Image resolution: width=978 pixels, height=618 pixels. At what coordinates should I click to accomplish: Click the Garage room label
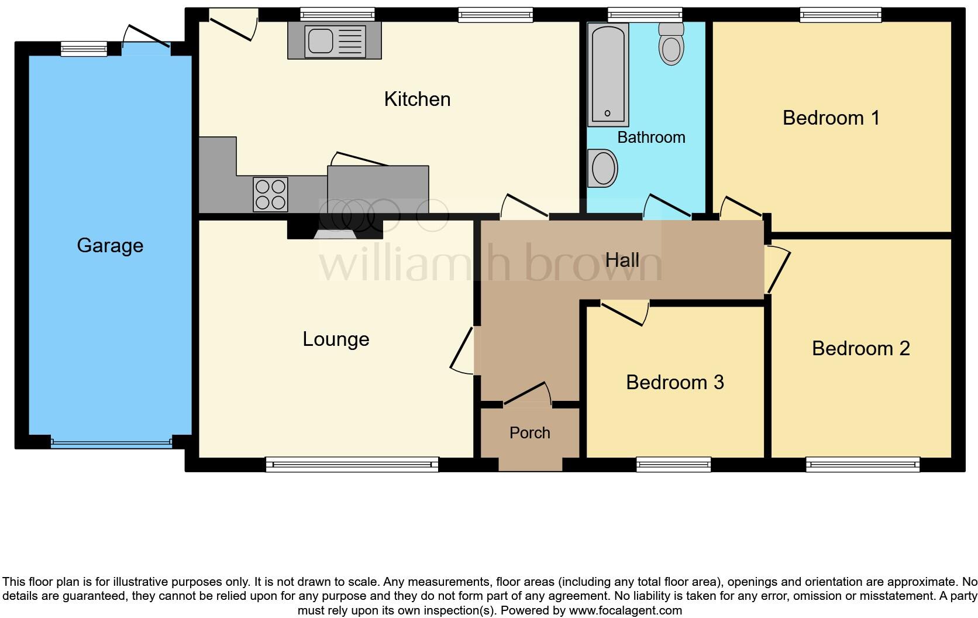click(110, 245)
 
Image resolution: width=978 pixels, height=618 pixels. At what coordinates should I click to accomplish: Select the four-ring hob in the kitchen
click(270, 194)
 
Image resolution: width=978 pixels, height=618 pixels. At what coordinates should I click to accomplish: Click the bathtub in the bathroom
click(608, 74)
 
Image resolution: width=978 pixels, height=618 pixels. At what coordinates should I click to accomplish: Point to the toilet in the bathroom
click(671, 44)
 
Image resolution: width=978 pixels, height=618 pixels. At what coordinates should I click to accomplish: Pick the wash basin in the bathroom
click(602, 168)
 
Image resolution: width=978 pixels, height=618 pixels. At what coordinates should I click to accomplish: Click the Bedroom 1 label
click(831, 118)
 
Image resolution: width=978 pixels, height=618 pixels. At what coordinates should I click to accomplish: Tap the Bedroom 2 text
click(860, 348)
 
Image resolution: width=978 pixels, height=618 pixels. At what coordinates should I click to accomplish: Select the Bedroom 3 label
click(674, 382)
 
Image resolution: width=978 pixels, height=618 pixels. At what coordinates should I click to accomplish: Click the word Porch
click(529, 432)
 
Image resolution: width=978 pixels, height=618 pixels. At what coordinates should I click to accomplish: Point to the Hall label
click(622, 260)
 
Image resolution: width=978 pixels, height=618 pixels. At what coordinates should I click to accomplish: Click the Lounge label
click(336, 339)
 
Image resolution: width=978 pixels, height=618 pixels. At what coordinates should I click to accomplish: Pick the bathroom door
click(667, 207)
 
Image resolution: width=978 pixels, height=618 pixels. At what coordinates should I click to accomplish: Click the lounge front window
click(352, 465)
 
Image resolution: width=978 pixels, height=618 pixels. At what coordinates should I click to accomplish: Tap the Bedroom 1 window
click(840, 15)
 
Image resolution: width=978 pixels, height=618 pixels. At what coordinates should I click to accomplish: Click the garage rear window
click(84, 49)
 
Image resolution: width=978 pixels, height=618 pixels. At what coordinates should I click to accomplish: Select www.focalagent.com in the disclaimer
click(625, 610)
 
